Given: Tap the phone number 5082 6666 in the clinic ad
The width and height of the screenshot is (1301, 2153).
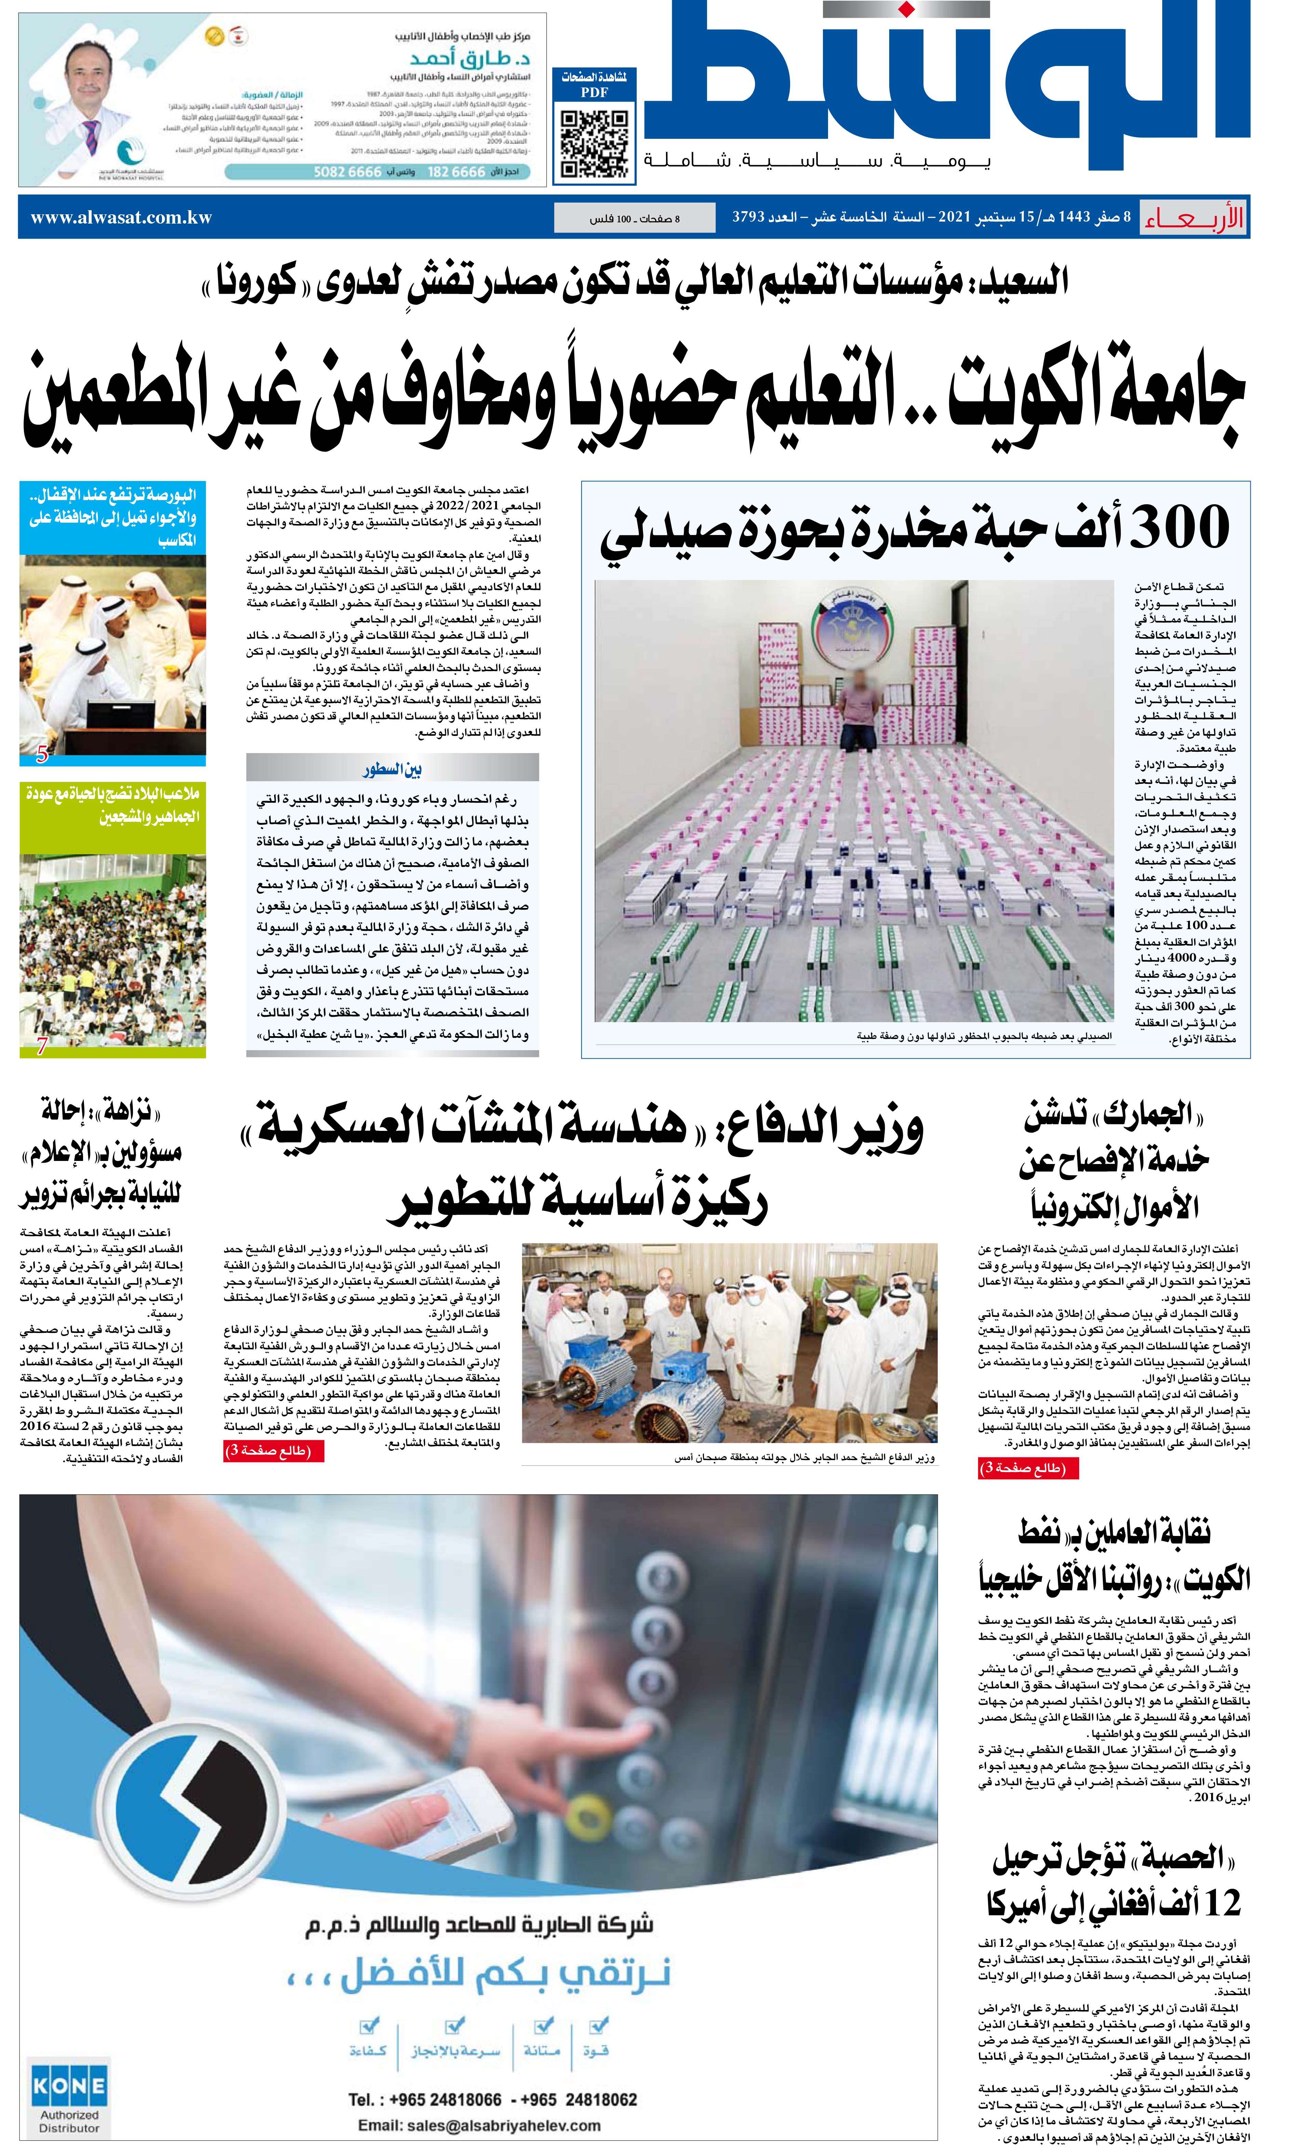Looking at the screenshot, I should [x=347, y=172].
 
